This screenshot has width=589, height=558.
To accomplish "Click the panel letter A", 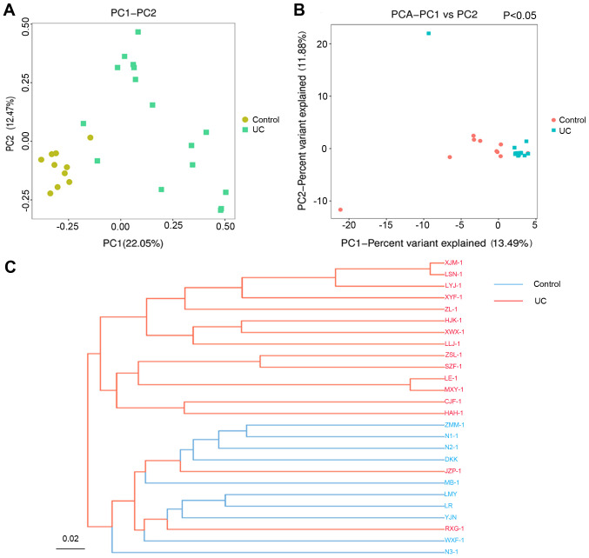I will click(x=10, y=11).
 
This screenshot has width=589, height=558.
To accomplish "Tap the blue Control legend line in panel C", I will click(x=512, y=283).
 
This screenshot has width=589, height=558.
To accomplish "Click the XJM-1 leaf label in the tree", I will click(x=454, y=263).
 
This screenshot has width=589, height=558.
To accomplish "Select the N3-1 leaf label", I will click(x=452, y=550).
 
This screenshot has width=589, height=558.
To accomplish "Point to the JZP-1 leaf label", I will click(x=454, y=470).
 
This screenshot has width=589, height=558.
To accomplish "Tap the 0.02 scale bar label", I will click(x=71, y=539).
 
